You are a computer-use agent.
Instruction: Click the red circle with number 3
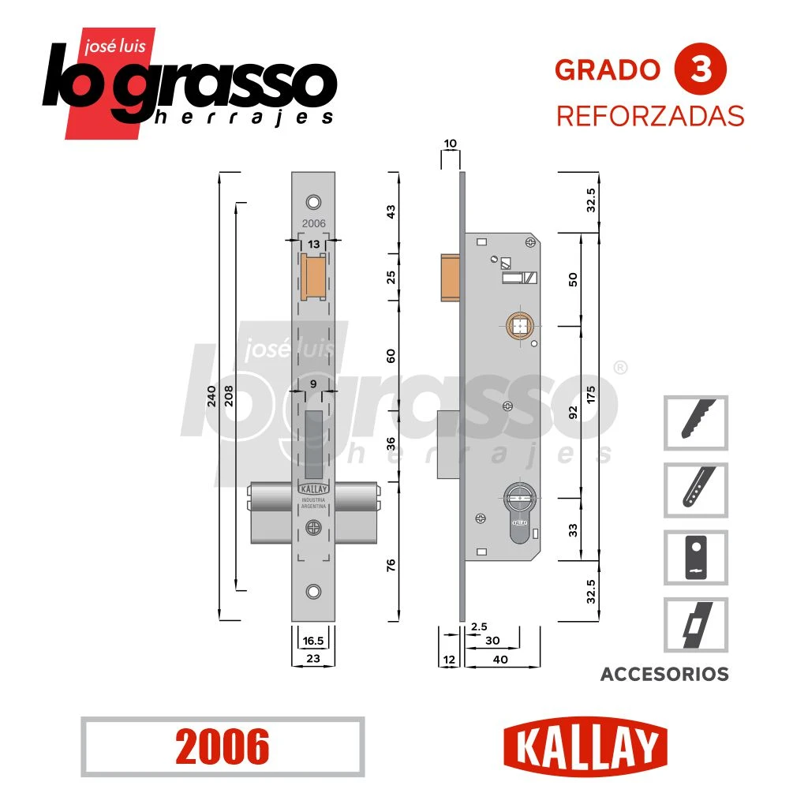point(701,69)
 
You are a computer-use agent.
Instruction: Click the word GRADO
point(608,70)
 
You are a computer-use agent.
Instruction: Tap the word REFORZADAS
point(650,116)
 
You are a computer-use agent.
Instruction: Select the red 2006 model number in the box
point(222,746)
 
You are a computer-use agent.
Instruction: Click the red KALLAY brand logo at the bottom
point(585,746)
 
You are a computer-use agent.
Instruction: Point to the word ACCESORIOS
point(664,674)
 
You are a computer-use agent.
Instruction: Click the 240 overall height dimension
point(211,396)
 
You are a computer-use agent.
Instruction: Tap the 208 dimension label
point(229,396)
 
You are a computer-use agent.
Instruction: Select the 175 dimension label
point(590,395)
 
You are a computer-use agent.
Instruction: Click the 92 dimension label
point(573,412)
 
